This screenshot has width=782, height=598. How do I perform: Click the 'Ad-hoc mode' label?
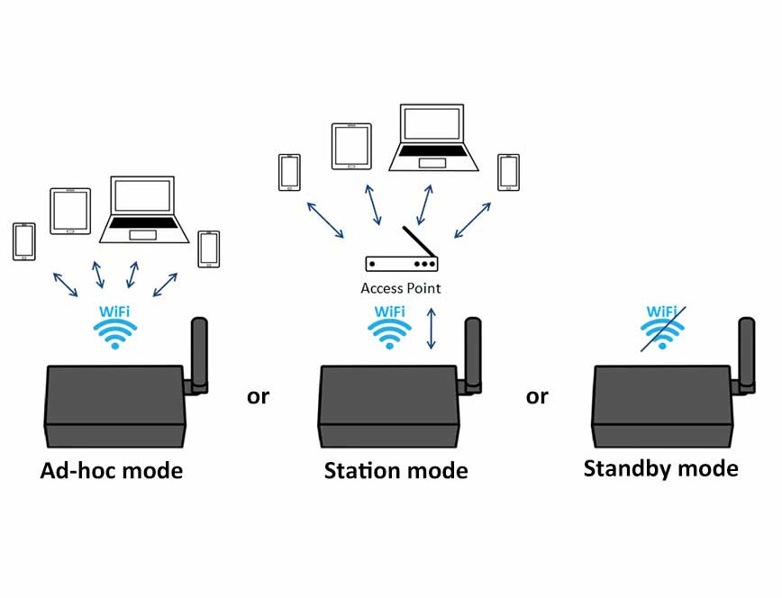pos(111,470)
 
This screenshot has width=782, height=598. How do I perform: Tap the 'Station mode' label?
pos(396,470)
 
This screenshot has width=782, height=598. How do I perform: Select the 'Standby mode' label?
pos(660,469)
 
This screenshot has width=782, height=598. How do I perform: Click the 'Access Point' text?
pos(401,288)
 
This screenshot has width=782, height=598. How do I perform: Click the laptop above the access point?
pos(433,138)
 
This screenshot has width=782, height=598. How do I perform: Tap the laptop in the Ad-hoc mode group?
pos(144,210)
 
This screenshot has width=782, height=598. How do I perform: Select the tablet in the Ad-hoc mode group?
pos(70,211)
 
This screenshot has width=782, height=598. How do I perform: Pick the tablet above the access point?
pos(351,146)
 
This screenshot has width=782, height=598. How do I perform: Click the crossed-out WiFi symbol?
pos(662,328)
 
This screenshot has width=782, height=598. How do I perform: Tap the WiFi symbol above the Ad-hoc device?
pos(114,327)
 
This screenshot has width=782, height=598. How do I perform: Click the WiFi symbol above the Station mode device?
pos(389,327)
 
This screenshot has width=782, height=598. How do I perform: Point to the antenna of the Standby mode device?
pos(746,353)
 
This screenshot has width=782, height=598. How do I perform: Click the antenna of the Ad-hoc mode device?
pos(199,353)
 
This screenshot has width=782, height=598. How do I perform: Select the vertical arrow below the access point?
pos(432,328)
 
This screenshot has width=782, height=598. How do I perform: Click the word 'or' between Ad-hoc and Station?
pos(258,397)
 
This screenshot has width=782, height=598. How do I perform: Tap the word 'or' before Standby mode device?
pos(537,397)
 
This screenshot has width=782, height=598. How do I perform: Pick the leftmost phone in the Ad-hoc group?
pos(24,242)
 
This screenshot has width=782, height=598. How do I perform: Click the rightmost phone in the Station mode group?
pos(509,173)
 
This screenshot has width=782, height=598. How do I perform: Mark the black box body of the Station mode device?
pos(389,406)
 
